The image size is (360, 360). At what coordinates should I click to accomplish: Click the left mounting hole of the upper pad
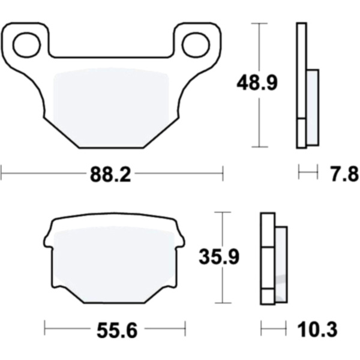coord(27,45)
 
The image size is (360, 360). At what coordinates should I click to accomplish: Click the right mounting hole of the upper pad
coord(196,45)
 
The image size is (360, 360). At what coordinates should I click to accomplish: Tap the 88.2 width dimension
coord(110,174)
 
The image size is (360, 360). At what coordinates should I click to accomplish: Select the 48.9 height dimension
coord(257,83)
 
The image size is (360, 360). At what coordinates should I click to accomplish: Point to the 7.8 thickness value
coord(345,174)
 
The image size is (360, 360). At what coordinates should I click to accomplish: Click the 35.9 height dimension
coord(219,256)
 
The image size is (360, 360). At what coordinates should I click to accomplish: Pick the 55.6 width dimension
coord(117,330)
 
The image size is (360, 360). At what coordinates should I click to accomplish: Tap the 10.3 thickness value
coord(317,329)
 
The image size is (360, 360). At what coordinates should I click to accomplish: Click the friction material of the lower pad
coord(114,264)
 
